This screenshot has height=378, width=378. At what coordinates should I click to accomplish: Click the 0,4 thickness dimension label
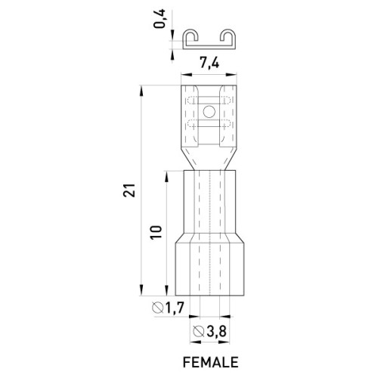(x=160, y=19)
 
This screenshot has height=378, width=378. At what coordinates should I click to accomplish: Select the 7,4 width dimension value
(x=209, y=63)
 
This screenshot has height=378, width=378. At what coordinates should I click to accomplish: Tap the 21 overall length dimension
(x=129, y=190)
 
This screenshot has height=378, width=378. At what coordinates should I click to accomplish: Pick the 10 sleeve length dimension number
(x=156, y=232)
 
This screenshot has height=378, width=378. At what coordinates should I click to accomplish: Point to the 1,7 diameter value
(x=174, y=308)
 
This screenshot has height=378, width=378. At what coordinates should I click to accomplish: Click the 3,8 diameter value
(x=216, y=331)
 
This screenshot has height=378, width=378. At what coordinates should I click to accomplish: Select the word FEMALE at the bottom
(x=210, y=362)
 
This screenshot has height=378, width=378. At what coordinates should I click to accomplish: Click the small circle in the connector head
(x=209, y=112)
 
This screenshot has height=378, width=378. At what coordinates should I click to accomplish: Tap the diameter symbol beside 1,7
(x=158, y=308)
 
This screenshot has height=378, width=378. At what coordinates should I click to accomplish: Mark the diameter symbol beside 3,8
(x=199, y=331)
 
